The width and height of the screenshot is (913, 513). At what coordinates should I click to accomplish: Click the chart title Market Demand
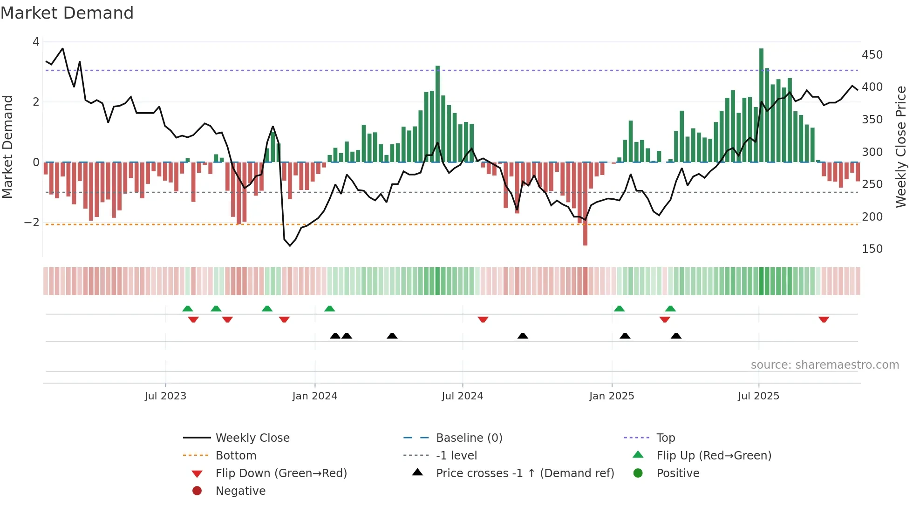(67, 13)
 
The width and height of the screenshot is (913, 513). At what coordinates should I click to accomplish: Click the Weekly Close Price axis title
(901, 147)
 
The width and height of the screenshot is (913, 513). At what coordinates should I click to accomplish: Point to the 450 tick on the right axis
(872, 55)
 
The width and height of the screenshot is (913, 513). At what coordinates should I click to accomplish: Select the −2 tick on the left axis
(32, 223)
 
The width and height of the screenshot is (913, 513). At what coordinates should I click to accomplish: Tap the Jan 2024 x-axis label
(314, 396)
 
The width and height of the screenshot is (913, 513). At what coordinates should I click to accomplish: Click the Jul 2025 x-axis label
(758, 396)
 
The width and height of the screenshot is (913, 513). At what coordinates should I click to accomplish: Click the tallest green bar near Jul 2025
(761, 105)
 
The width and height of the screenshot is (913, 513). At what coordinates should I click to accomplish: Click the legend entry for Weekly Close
(252, 438)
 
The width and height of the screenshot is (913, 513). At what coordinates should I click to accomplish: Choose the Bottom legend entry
(236, 456)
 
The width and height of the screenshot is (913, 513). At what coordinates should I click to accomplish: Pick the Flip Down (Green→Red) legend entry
(281, 473)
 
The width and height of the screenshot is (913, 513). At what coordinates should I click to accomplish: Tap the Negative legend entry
(240, 491)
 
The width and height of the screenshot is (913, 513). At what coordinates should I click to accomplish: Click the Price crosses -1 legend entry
(525, 473)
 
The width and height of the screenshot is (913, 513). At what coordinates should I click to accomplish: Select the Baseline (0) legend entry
(469, 438)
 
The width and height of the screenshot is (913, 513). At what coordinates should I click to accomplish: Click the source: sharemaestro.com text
(824, 365)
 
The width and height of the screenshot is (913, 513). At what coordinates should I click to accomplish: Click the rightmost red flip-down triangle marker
(824, 319)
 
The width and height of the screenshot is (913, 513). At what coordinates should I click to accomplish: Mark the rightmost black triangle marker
(676, 336)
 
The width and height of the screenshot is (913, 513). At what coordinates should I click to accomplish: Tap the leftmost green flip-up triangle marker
(187, 309)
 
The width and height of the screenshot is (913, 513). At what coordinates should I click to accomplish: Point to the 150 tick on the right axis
(872, 249)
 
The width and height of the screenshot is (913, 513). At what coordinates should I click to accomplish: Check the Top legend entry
(665, 438)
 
